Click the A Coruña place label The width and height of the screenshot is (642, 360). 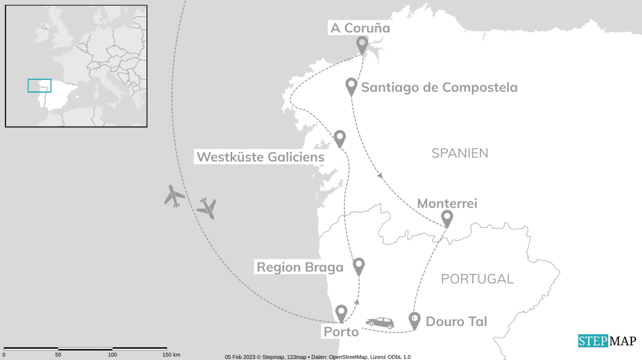(x=360, y=28)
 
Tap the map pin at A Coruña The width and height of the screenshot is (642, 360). (x=362, y=44)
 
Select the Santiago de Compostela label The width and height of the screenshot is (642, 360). (x=439, y=88)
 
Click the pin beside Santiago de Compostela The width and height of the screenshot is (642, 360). (x=351, y=86)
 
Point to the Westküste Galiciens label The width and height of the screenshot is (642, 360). (x=260, y=157)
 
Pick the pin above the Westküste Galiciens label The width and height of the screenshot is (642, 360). (x=339, y=138)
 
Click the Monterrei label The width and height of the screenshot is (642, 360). (x=447, y=204)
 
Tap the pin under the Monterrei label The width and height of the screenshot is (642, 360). (x=447, y=218)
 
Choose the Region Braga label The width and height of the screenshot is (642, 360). (x=300, y=267)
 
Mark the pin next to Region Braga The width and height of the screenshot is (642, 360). (x=358, y=266)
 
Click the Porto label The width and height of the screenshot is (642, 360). (x=341, y=332)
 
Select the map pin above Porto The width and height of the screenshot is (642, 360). (x=341, y=313)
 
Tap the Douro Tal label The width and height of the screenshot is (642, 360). (x=456, y=321)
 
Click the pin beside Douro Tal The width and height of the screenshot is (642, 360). (x=414, y=320)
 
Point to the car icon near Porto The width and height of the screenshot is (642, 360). (x=380, y=323)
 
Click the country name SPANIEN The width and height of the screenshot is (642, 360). (x=460, y=153)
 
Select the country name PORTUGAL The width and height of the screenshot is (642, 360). (x=477, y=279)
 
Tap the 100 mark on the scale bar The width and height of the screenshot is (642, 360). (x=113, y=354)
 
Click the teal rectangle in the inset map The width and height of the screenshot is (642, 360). (x=40, y=85)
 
